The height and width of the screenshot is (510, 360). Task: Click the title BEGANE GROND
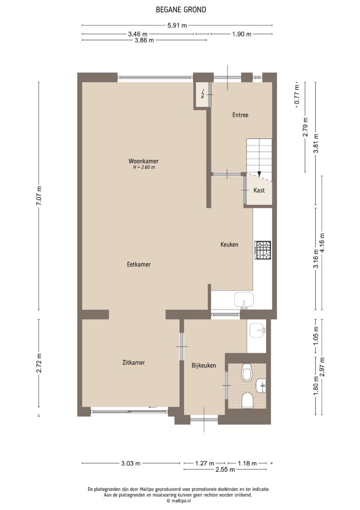[x=181, y=10]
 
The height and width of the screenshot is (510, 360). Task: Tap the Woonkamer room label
[x=143, y=161]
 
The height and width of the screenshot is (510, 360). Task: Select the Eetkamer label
[x=139, y=264]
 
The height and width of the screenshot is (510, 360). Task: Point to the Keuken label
[x=229, y=244]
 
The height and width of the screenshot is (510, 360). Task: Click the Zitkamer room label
[x=134, y=362]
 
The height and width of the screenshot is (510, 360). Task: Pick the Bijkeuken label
[x=204, y=365]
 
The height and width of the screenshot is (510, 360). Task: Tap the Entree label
[x=241, y=115]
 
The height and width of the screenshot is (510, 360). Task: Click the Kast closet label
[x=259, y=190]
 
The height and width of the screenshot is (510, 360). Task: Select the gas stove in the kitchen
[x=262, y=250]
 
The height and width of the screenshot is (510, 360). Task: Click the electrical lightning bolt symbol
[x=203, y=94]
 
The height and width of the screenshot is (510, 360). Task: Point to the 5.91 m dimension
[x=177, y=25]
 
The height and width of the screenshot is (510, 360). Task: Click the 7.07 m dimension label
[x=39, y=195]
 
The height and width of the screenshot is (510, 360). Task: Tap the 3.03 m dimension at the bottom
[x=131, y=463]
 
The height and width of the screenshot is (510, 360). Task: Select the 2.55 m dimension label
[x=225, y=469]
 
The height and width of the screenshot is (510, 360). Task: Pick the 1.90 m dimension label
[x=242, y=34]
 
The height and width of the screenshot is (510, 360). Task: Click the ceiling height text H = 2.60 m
[x=143, y=168]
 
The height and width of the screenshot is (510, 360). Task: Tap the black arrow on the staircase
[x=259, y=174]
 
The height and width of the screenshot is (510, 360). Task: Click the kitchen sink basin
[x=244, y=300]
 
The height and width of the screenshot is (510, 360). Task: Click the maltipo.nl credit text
[x=178, y=501]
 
